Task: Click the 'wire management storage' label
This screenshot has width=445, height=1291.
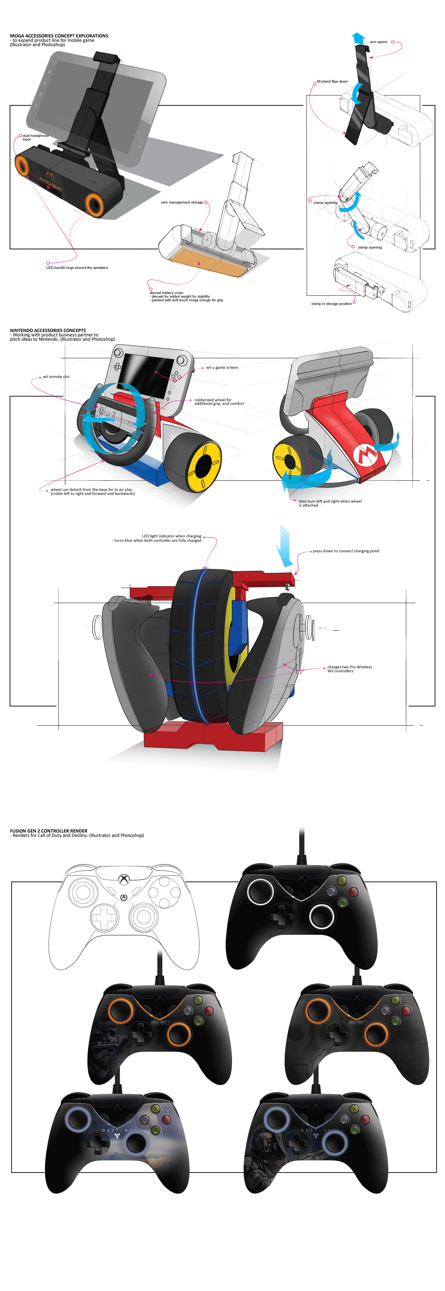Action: pyautogui.click(x=182, y=202)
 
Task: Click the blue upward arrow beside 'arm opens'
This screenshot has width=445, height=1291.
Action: pyautogui.click(x=358, y=38)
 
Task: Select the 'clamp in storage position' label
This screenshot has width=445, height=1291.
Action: pyautogui.click(x=331, y=304)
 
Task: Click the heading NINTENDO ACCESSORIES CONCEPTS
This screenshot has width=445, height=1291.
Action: pyautogui.click(x=48, y=330)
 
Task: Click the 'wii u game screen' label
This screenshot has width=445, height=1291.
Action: pyautogui.click(x=222, y=367)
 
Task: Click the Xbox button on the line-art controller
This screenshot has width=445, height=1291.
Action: pyautogui.click(x=123, y=880)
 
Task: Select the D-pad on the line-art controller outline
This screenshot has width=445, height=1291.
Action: pyautogui.click(x=104, y=917)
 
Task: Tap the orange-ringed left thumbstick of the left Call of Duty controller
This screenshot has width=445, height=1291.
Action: pyautogui.click(x=120, y=1011)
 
